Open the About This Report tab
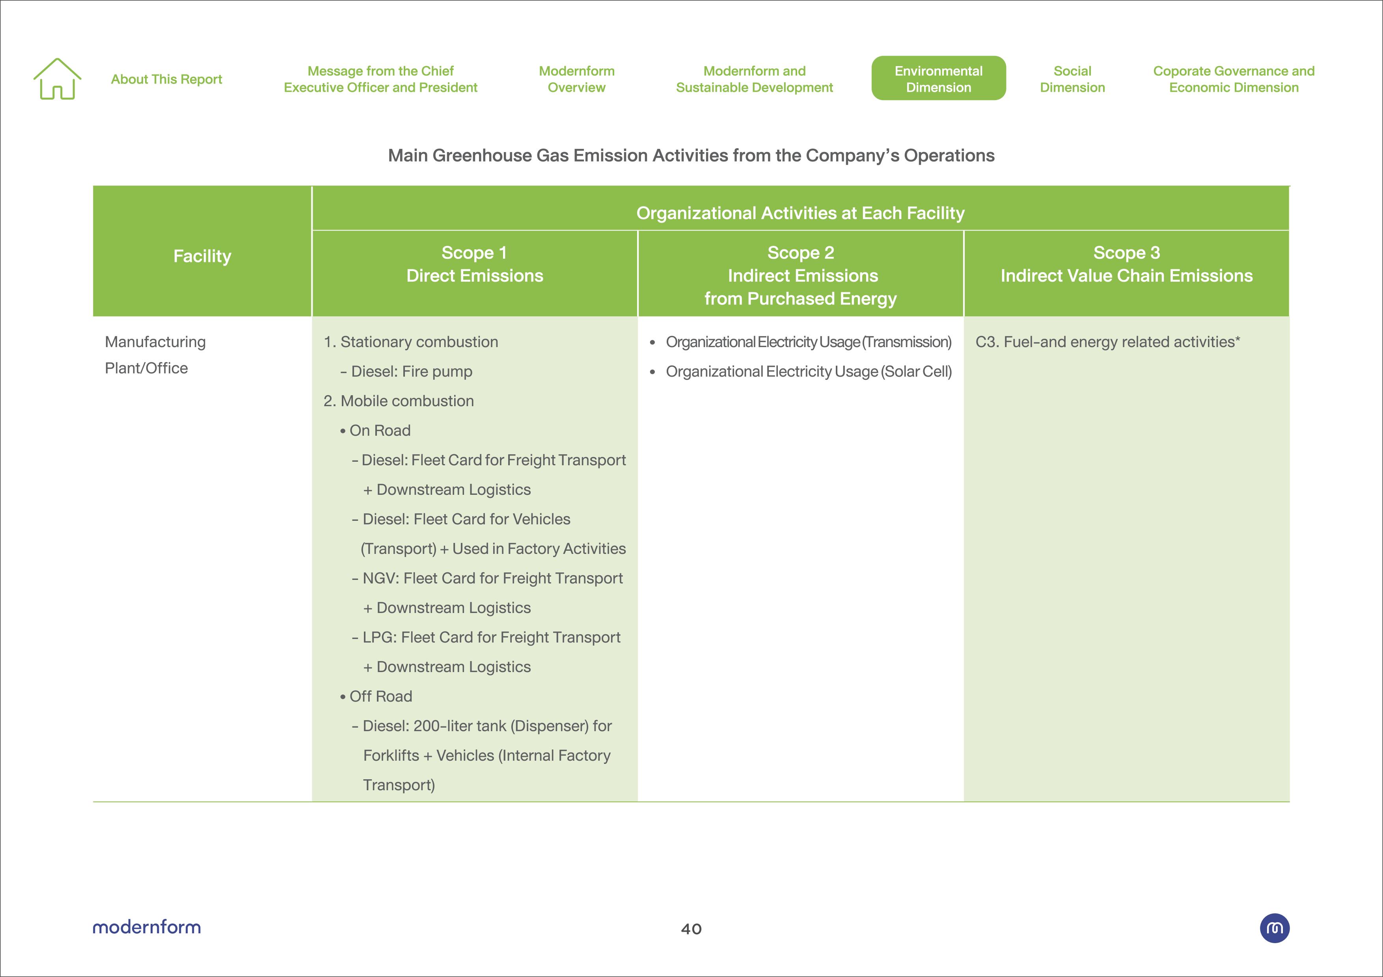pos(166,80)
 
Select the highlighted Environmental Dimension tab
pos(938,79)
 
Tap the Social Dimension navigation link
pos(1072,79)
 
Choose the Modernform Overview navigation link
pos(576,79)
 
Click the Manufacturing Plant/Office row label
pos(155,355)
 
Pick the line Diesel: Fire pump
pos(412,371)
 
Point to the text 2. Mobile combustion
pos(398,401)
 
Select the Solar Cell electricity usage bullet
pos(808,371)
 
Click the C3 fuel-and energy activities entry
pos(1107,342)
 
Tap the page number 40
pos(691,929)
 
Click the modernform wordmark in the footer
pos(146,927)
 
